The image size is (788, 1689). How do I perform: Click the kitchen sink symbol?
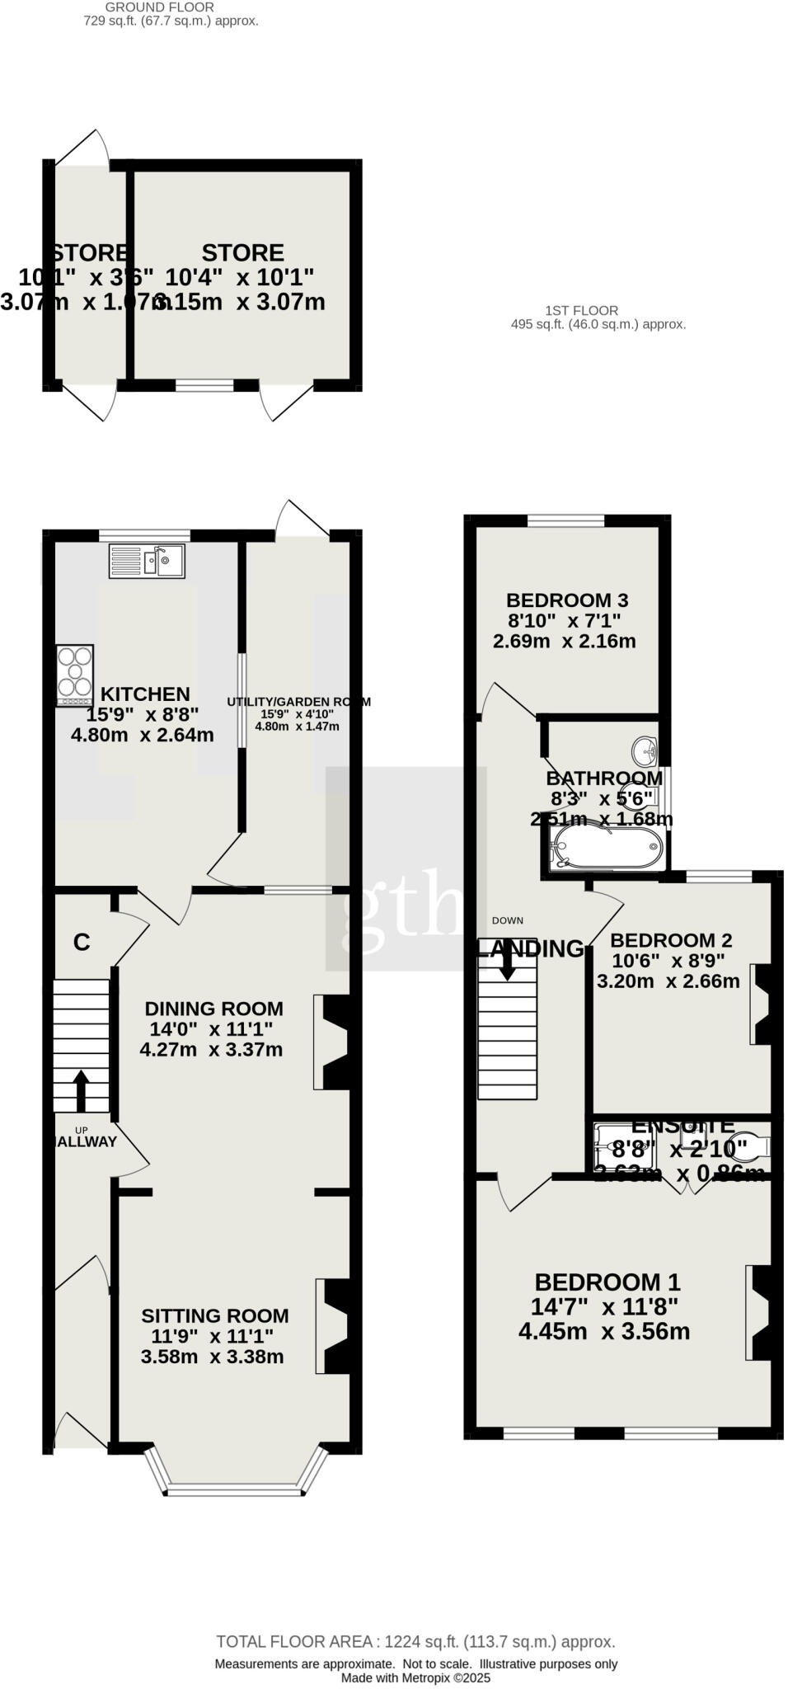pyautogui.click(x=147, y=562)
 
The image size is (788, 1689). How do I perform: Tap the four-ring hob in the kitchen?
pyautogui.click(x=75, y=675)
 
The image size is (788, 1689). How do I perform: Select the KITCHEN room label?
pyautogui.click(x=145, y=694)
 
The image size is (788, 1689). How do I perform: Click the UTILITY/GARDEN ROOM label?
pyautogui.click(x=298, y=702)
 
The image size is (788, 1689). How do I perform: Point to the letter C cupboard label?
pyautogui.click(x=81, y=943)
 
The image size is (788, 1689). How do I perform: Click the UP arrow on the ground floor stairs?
pyautogui.click(x=81, y=1091)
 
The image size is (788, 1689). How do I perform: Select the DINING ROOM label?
pyautogui.click(x=213, y=1008)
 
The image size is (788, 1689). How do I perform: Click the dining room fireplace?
pyautogui.click(x=332, y=1042)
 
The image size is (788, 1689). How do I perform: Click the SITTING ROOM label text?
pyautogui.click(x=214, y=1316)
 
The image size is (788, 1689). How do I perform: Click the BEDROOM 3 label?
pyautogui.click(x=567, y=600)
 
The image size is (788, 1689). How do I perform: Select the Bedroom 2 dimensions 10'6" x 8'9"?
pyautogui.click(x=670, y=961)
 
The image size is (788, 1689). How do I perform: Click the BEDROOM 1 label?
pyautogui.click(x=607, y=1282)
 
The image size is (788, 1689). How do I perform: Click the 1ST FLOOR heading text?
pyautogui.click(x=581, y=311)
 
